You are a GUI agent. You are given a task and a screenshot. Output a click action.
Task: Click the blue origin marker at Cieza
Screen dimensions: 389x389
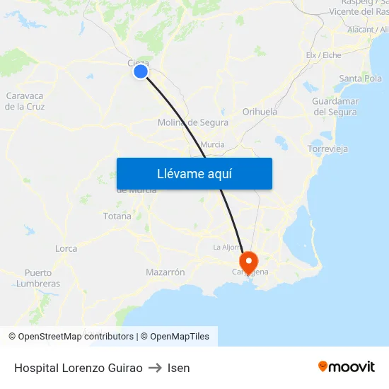point(141,71)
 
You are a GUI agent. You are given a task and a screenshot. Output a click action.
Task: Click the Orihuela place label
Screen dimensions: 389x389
point(260,112)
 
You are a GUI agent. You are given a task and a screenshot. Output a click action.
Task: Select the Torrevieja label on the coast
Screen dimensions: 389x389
point(327,149)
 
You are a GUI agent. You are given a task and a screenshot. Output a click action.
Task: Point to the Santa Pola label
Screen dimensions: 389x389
point(360,79)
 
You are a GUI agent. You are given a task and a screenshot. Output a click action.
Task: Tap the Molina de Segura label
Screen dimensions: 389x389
point(192,122)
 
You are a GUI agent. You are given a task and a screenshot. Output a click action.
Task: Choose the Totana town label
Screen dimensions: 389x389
point(117,216)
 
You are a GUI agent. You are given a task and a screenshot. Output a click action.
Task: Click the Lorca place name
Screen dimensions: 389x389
point(66,248)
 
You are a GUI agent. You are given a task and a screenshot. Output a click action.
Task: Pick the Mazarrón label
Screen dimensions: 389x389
point(165,272)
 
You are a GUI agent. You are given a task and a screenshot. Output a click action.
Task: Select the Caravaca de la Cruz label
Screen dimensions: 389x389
point(25,101)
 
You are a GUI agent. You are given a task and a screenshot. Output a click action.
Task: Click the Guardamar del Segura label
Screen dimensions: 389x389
point(335,106)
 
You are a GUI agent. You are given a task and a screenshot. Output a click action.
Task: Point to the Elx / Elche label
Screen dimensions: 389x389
point(323,55)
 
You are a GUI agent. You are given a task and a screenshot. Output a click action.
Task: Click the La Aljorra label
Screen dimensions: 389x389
point(228,247)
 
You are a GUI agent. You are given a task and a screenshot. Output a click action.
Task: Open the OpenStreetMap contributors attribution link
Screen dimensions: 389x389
point(76,337)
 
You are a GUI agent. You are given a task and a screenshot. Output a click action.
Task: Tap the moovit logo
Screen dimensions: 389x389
point(346,366)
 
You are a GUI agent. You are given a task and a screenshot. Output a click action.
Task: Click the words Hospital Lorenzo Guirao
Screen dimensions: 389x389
point(78,368)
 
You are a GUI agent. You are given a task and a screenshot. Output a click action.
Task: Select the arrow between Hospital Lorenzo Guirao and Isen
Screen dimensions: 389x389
point(155,368)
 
